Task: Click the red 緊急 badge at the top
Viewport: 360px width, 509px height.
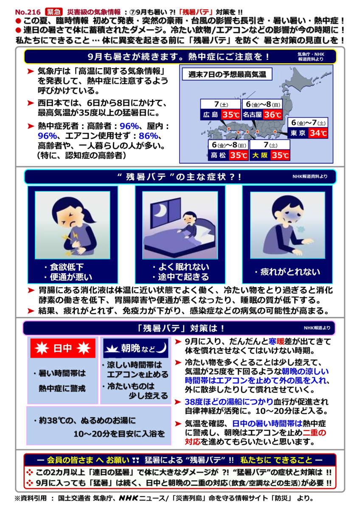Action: (53, 6)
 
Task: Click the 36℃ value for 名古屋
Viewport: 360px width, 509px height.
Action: (273, 115)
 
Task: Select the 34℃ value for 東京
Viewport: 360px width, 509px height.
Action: (318, 133)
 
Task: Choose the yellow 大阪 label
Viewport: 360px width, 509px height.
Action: (260, 155)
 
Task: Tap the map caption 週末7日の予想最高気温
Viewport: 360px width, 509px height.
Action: (230, 75)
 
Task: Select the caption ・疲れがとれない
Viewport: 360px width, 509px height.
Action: (287, 272)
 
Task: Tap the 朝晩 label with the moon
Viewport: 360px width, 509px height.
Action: (135, 349)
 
